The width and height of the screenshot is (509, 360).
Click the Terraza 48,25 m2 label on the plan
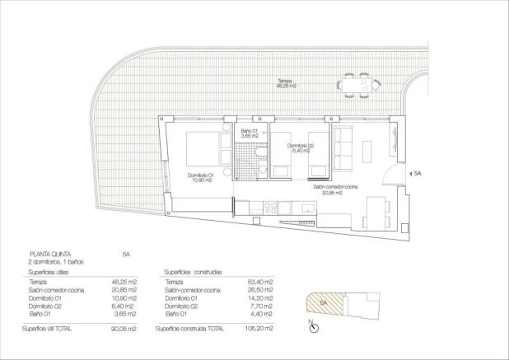click(x=288, y=82)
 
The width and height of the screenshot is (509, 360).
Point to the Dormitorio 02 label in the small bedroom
click(x=298, y=149)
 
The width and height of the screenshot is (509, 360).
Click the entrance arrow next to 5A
click(x=409, y=174)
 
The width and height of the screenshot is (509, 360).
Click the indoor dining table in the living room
click(x=379, y=213)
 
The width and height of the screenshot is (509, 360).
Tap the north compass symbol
click(x=314, y=328)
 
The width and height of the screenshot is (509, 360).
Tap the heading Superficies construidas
click(x=193, y=271)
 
